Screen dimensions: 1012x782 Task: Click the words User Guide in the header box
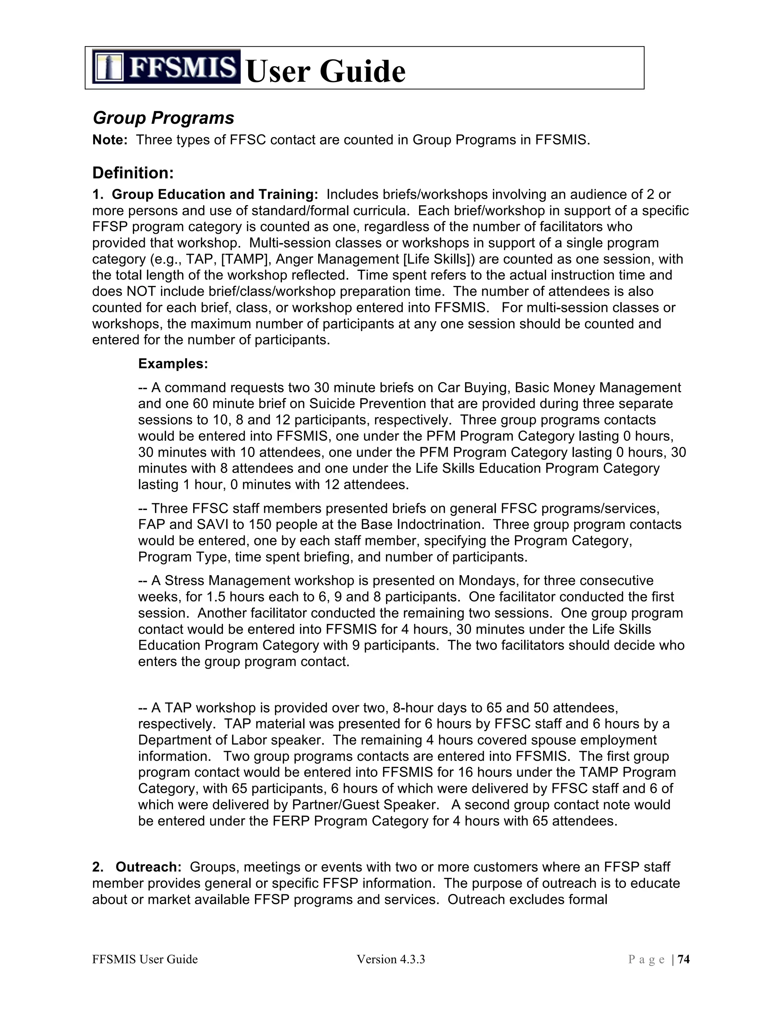325,71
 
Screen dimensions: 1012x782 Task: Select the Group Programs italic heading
163,118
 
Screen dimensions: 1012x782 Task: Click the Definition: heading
133,173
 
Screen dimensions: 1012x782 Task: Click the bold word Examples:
173,364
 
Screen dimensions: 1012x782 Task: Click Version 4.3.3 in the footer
391,959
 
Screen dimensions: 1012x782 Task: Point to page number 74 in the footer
684,959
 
